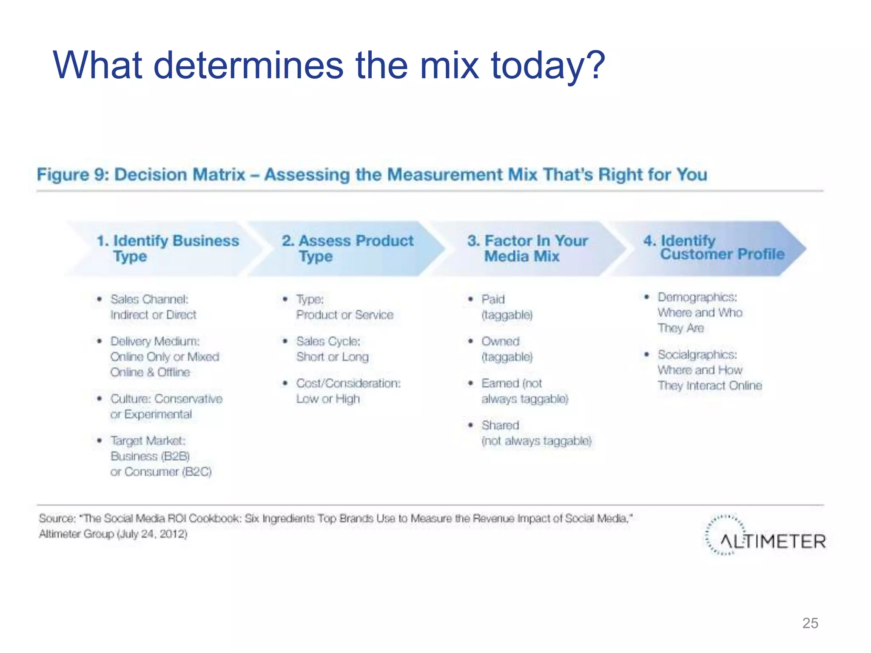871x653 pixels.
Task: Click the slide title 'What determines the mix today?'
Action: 328,65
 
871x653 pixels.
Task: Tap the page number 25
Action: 810,623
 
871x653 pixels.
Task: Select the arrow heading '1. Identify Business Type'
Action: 168,248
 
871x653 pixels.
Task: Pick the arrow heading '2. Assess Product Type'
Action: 347,248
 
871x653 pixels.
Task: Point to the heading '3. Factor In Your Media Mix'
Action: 527,248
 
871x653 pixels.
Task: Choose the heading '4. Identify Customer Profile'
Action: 714,247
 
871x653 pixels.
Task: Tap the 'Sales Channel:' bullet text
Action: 149,299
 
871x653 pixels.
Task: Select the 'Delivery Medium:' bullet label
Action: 155,341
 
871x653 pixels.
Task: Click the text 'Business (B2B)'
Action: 150,456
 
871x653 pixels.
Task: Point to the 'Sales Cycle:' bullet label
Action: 328,341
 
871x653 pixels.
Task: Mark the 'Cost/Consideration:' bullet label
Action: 348,383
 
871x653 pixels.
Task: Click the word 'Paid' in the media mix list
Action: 493,299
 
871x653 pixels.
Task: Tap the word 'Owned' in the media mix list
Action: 500,341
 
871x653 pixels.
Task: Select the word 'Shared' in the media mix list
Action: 500,425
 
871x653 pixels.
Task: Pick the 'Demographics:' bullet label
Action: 697,297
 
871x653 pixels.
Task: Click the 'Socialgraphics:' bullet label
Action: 697,355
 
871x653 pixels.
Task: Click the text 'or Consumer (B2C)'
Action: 161,472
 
